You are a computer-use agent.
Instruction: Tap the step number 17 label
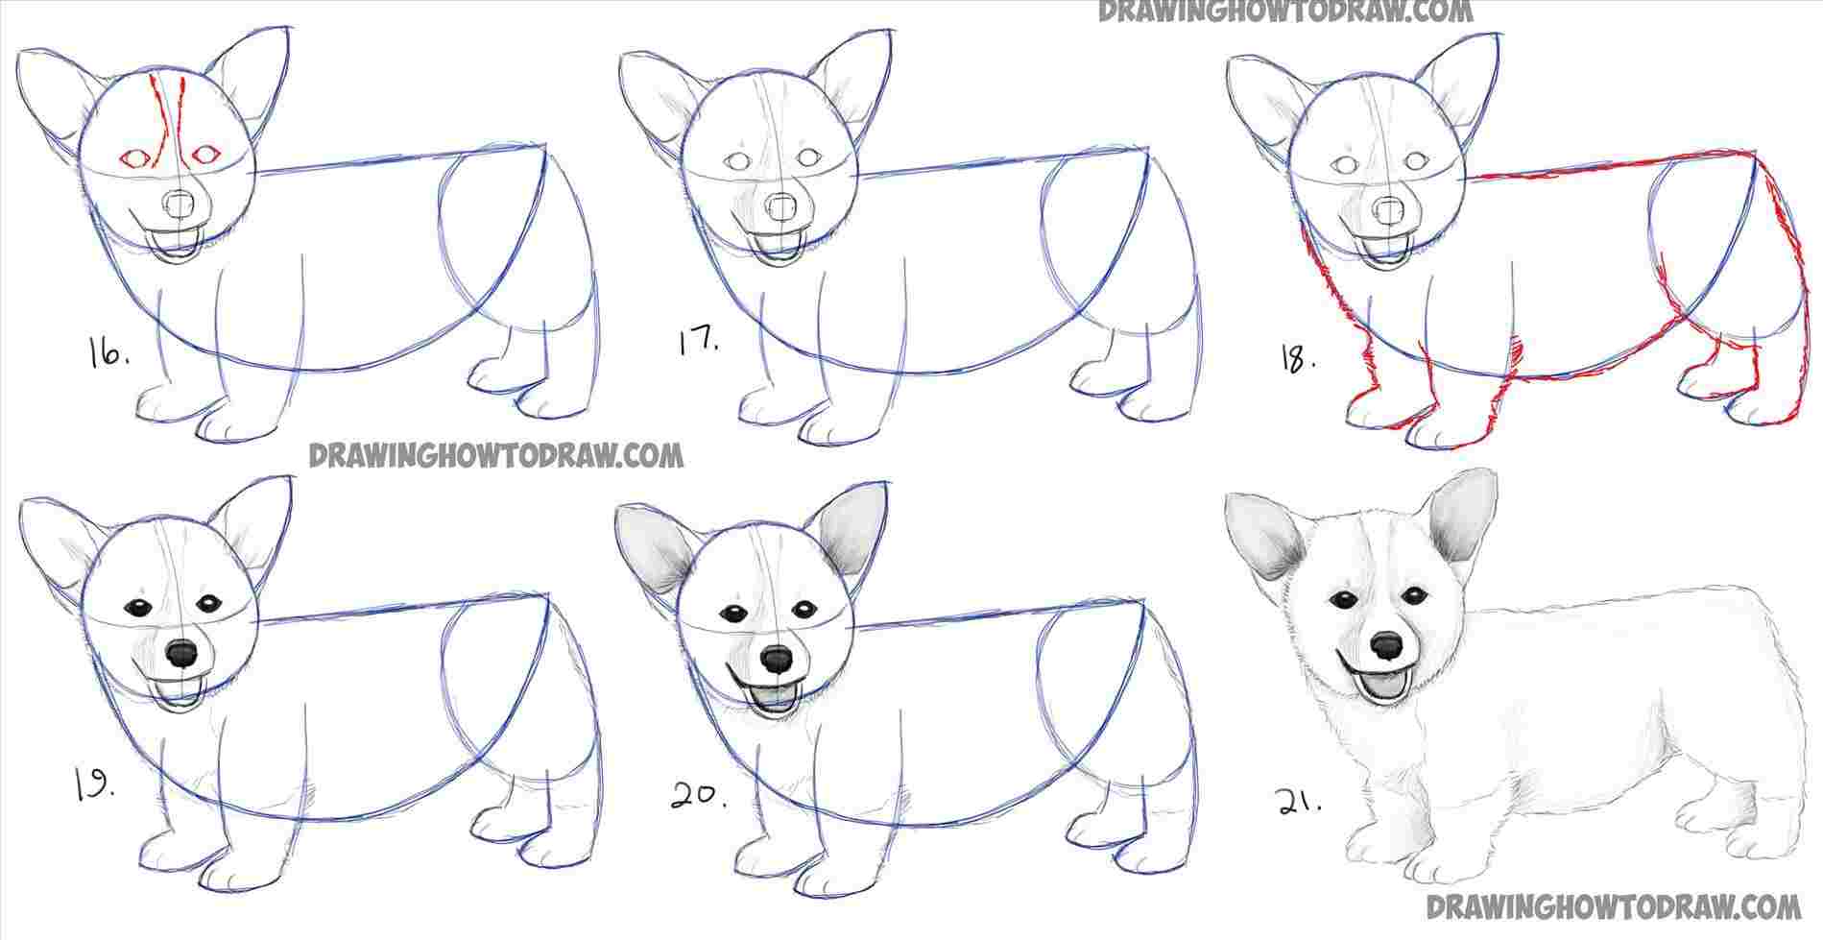point(699,343)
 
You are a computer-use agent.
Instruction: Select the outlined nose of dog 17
point(782,205)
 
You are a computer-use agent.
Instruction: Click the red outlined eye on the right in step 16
point(205,154)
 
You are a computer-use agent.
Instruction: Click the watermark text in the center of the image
point(495,454)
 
